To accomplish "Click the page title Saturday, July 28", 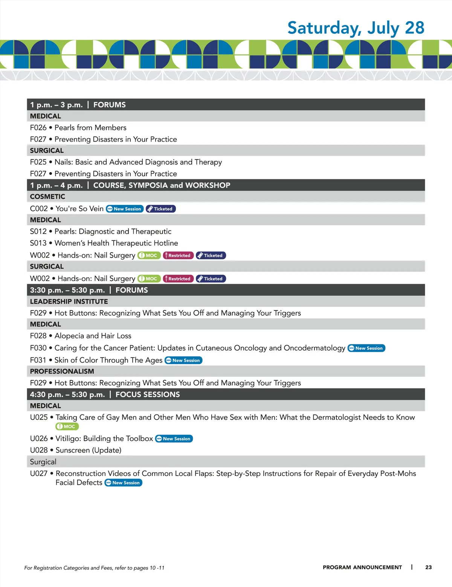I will click(x=356, y=28).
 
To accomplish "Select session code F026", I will click(x=38, y=128).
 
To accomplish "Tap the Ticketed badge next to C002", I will click(x=161, y=209).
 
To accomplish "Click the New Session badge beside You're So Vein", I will click(x=125, y=209).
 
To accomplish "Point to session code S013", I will click(x=38, y=243).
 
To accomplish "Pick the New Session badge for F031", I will click(x=183, y=360).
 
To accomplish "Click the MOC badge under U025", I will click(x=67, y=426).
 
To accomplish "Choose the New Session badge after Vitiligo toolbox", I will click(x=174, y=439).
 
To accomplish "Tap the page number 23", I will click(x=428, y=567).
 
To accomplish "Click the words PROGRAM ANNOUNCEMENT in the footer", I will click(x=362, y=567).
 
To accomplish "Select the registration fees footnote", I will click(x=94, y=568).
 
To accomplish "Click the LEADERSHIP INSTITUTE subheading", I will click(x=69, y=301).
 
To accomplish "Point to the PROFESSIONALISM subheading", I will click(x=62, y=371).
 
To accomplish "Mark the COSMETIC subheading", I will click(x=47, y=197).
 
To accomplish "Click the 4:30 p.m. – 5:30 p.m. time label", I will click(x=67, y=394).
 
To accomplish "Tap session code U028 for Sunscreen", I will click(x=39, y=450).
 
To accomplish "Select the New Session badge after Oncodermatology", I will click(x=366, y=348).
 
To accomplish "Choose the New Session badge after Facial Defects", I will click(x=123, y=483).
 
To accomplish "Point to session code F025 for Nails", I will click(x=38, y=162).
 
